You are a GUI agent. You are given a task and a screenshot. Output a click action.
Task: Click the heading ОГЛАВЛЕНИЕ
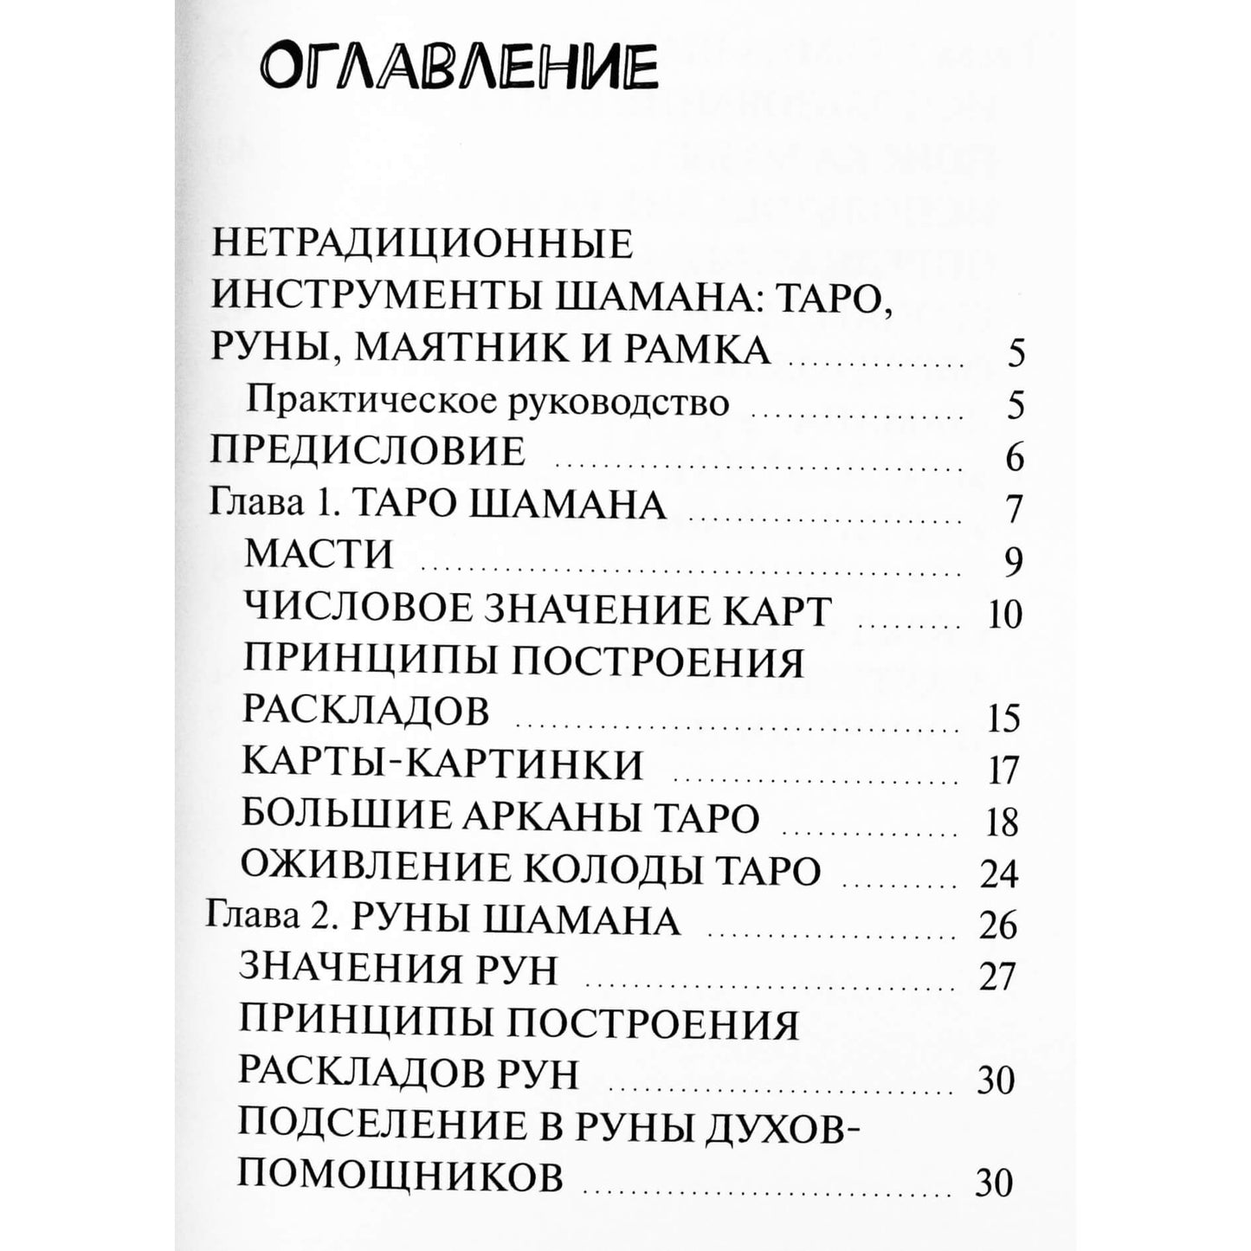point(458,68)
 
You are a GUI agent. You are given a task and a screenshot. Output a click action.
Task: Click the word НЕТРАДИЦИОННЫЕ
point(422,245)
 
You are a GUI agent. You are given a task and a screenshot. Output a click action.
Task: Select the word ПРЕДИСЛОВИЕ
point(369,452)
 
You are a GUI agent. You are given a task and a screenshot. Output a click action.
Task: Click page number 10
point(1004,614)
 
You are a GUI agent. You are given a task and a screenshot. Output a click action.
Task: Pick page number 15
point(1004,718)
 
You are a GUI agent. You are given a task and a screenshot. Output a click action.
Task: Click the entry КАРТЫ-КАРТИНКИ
point(442,764)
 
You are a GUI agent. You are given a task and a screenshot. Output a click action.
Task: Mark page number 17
point(1004,770)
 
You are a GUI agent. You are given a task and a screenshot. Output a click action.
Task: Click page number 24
point(1000,874)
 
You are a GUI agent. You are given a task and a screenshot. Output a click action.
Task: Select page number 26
point(998,925)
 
